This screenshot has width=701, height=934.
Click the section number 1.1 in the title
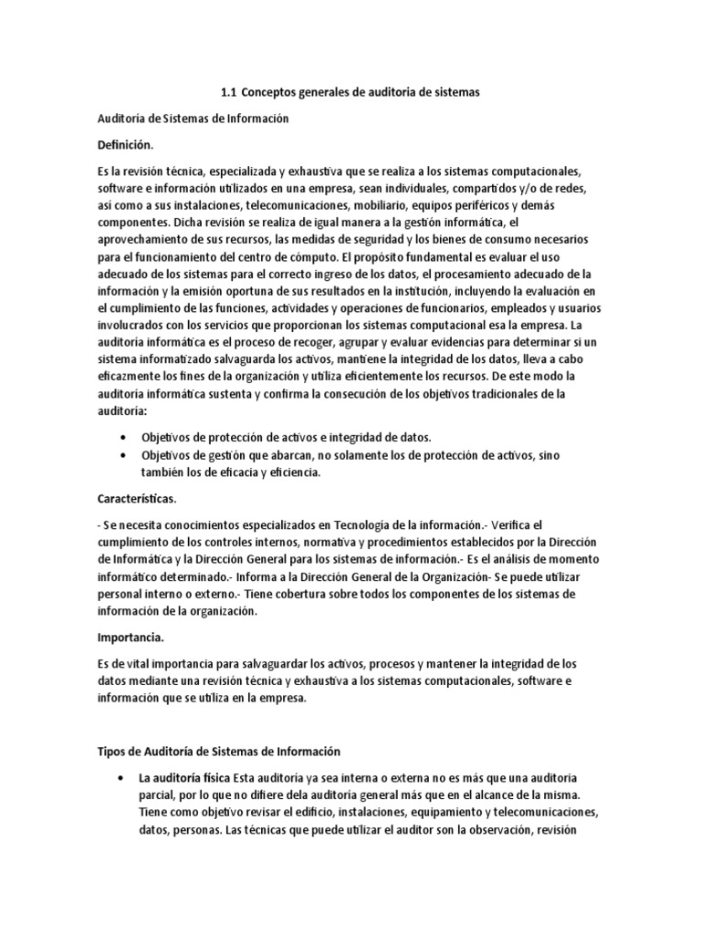click(229, 92)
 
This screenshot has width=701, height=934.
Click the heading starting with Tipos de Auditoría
click(218, 751)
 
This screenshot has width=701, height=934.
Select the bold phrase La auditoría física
click(183, 776)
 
